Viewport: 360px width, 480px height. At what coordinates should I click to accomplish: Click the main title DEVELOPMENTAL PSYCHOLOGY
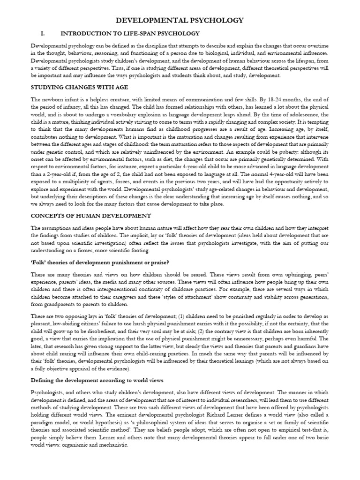pyautogui.click(x=180, y=20)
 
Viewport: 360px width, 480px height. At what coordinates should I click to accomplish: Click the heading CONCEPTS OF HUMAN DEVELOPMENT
pyautogui.click(x=90, y=216)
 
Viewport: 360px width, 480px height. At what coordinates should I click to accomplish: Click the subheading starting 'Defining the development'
pyautogui.click(x=97, y=380)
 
